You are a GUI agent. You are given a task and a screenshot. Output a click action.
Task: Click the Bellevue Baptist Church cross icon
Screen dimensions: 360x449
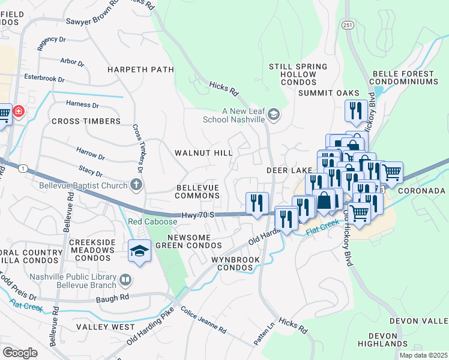click(137, 185)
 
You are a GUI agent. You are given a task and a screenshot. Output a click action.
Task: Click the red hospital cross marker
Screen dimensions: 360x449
click(19, 112)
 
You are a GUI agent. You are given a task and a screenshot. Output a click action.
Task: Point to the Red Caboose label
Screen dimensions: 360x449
click(152, 222)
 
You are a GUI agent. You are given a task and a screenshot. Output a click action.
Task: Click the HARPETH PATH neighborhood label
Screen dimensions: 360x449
click(140, 70)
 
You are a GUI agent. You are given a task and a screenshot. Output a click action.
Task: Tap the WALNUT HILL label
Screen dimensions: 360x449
click(203, 153)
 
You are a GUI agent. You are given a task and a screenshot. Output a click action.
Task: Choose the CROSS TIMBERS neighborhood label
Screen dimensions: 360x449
click(86, 121)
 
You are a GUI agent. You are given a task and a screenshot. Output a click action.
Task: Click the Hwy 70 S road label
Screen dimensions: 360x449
click(197, 215)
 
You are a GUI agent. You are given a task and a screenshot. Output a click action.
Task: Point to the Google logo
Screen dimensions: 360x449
click(20, 353)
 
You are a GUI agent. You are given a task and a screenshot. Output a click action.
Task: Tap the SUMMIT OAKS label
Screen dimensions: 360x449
click(330, 93)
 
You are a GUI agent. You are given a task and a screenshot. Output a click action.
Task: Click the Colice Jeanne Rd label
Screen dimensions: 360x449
click(203, 321)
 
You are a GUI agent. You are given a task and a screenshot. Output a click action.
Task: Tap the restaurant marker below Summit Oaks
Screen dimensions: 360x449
click(356, 112)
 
